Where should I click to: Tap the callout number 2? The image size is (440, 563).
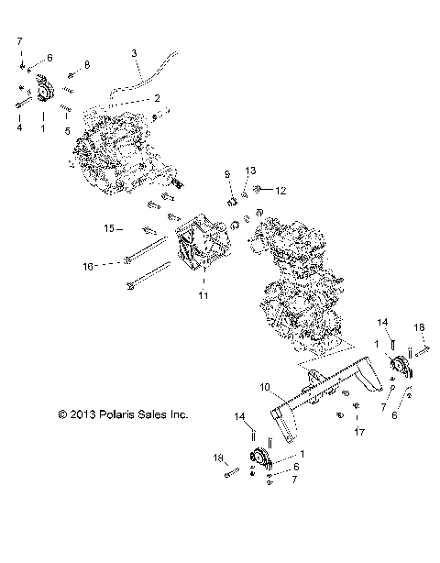click(x=157, y=96)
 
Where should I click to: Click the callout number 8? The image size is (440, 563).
click(x=87, y=63)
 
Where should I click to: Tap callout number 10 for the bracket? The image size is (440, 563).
click(x=238, y=386)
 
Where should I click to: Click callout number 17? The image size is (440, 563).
click(x=358, y=431)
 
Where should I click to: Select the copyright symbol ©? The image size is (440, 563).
click(x=61, y=414)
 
